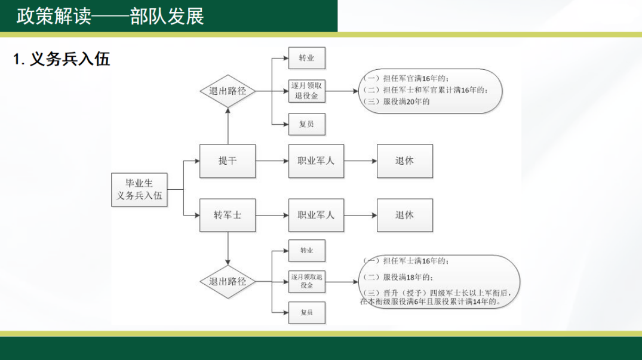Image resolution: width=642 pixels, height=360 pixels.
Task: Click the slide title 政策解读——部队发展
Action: coord(110,16)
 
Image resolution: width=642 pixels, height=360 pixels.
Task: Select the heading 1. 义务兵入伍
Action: coord(62,59)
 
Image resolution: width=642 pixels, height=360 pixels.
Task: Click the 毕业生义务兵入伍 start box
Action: coord(139,189)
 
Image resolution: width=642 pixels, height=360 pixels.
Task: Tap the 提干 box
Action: coord(228,161)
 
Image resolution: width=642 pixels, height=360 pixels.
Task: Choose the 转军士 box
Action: coord(228,215)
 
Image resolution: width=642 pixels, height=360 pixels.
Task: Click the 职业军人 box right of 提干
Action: coord(316,161)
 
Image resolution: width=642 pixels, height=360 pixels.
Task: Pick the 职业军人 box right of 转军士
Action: coord(316,215)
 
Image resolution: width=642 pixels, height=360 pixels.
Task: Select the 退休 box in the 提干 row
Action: coord(404,161)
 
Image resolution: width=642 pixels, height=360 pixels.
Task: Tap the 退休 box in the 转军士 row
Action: coord(404,215)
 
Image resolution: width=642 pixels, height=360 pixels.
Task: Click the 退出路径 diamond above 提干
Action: coord(228,91)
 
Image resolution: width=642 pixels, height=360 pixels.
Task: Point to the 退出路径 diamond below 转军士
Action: coord(228,281)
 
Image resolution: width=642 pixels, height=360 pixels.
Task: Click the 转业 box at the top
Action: coord(307,58)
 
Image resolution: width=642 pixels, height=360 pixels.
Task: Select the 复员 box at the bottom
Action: coord(307,313)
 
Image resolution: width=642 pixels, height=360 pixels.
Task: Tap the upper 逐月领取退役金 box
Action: coord(307,91)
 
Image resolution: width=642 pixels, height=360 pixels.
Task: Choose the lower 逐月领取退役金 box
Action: coord(307,281)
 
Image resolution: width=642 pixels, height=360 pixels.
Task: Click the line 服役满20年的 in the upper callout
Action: coord(397,101)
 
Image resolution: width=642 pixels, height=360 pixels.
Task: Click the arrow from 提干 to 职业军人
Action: coord(272,161)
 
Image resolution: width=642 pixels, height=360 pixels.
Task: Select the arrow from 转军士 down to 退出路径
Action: coord(228,249)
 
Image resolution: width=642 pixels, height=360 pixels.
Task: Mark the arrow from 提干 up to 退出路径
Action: coord(228,126)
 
